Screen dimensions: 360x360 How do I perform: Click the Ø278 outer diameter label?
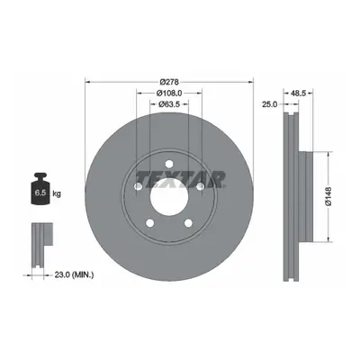[169, 82]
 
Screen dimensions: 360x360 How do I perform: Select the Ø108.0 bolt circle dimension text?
[169, 93]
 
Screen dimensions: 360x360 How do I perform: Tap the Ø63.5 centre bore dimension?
[169, 104]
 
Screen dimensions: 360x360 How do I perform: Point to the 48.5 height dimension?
[298, 94]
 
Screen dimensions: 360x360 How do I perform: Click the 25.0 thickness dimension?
[270, 104]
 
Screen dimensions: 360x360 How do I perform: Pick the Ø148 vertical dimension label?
[328, 196]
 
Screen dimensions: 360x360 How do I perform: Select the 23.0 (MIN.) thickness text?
[74, 274]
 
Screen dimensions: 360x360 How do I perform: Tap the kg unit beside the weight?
[57, 193]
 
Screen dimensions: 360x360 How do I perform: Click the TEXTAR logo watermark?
[181, 179]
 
